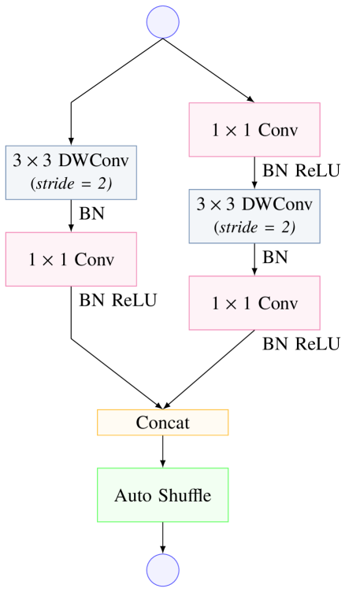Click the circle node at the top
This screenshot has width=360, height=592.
tap(162, 21)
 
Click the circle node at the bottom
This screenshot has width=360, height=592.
tap(162, 568)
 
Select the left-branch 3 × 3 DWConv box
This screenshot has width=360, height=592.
tap(72, 172)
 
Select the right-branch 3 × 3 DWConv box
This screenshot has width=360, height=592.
tap(254, 216)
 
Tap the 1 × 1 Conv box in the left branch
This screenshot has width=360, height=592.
tap(72, 259)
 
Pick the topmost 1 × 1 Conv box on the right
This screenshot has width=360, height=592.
tap(254, 130)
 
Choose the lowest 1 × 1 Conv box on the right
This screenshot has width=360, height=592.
tap(254, 303)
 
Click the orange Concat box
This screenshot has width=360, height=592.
tap(162, 423)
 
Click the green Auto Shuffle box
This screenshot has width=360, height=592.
tap(162, 495)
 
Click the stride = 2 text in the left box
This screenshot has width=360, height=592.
tap(72, 185)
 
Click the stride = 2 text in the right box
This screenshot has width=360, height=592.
tap(254, 229)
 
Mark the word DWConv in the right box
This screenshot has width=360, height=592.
tap(277, 205)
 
